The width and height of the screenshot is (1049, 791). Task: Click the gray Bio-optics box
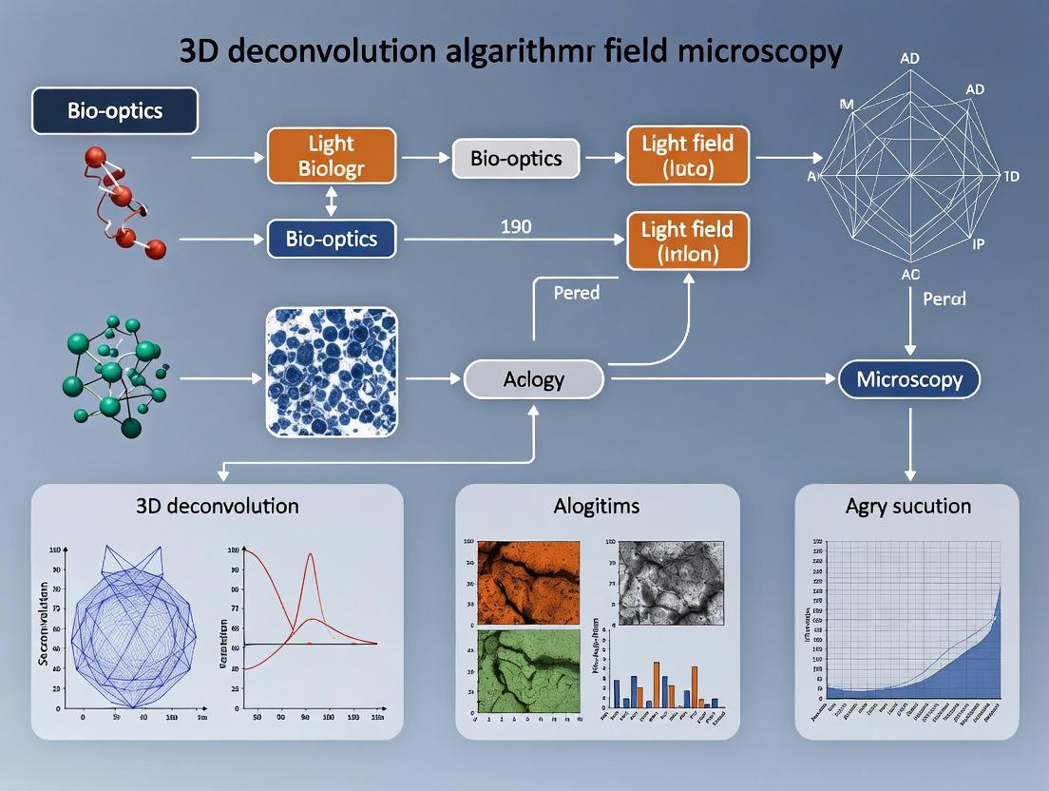tap(516, 158)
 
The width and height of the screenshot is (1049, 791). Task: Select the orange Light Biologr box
tap(331, 157)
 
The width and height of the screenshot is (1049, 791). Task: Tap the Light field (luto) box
tap(687, 157)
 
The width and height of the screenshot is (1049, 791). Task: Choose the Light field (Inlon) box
tap(687, 241)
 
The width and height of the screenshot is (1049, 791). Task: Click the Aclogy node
tap(533, 380)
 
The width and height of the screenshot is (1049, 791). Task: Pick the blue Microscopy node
tap(909, 380)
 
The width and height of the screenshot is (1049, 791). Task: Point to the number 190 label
tap(515, 227)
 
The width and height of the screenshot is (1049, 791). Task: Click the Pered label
tap(576, 293)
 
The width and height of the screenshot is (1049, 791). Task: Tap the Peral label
tap(944, 299)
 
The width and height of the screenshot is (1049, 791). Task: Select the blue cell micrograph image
tap(331, 372)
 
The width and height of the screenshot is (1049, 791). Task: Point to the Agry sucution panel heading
tap(907, 506)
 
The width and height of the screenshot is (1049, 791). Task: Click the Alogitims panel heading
tap(597, 506)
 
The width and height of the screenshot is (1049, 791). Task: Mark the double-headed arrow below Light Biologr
tap(331, 201)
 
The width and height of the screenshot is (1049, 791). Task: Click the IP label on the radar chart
tap(978, 243)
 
